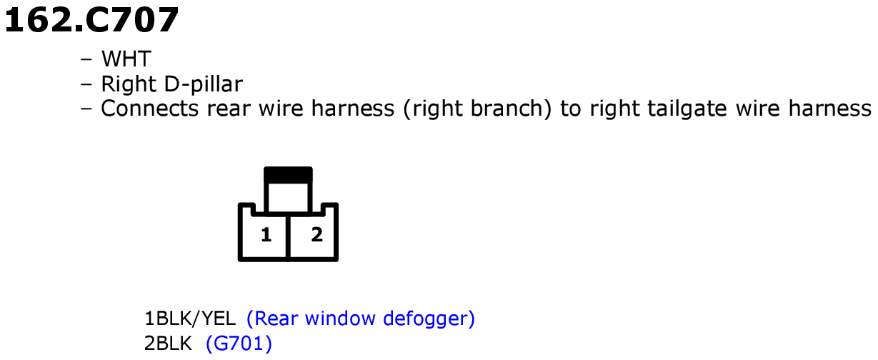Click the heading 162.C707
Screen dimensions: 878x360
[91, 20]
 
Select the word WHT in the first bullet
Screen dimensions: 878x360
[126, 59]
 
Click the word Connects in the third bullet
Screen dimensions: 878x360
[150, 108]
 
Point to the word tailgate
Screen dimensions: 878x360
[687, 109]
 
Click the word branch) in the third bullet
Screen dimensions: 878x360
[511, 109]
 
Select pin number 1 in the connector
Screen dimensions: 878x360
[266, 235]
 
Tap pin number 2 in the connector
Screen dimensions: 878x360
[316, 235]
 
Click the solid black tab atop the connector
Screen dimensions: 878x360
[288, 175]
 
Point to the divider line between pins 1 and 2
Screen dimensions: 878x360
[288, 237]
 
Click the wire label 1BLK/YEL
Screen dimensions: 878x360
[190, 319]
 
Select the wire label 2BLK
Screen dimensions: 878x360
[168, 344]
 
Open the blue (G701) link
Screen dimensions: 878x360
[239, 344]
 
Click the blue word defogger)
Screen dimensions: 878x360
[429, 319]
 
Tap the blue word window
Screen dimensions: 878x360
[340, 318]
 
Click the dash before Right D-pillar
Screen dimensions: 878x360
[86, 84]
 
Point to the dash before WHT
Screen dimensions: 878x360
[86, 59]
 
